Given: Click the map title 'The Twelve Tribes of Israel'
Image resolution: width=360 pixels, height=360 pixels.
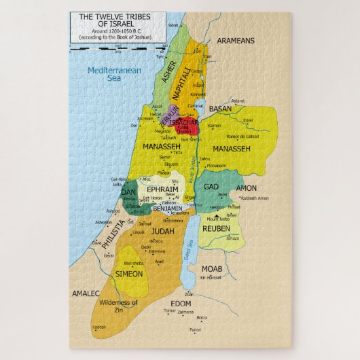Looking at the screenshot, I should click(x=112, y=20).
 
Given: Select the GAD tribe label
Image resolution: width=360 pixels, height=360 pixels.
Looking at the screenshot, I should click(x=211, y=186).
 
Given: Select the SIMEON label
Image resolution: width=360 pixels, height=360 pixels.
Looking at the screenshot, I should click(x=129, y=274).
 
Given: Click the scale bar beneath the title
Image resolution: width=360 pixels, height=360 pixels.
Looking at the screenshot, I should click(x=112, y=48).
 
